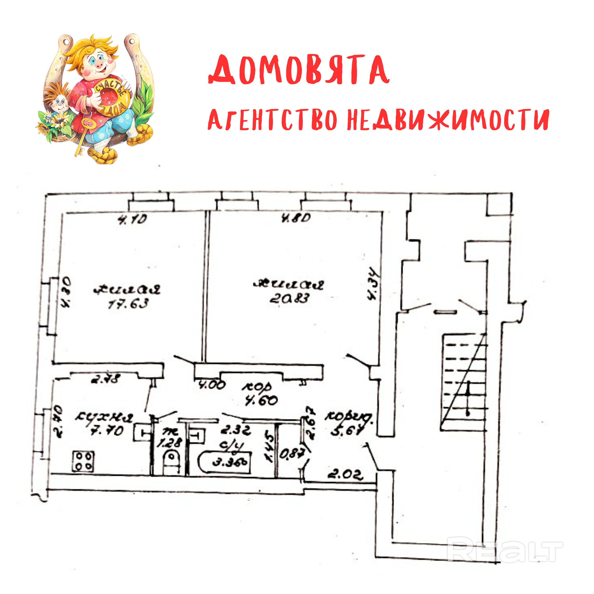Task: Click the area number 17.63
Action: pyautogui.click(x=128, y=304)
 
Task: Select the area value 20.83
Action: pyautogui.click(x=289, y=298)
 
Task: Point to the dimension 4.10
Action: pyautogui.click(x=133, y=219)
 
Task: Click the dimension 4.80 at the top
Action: pyautogui.click(x=296, y=218)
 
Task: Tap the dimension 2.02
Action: pyautogui.click(x=345, y=474)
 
